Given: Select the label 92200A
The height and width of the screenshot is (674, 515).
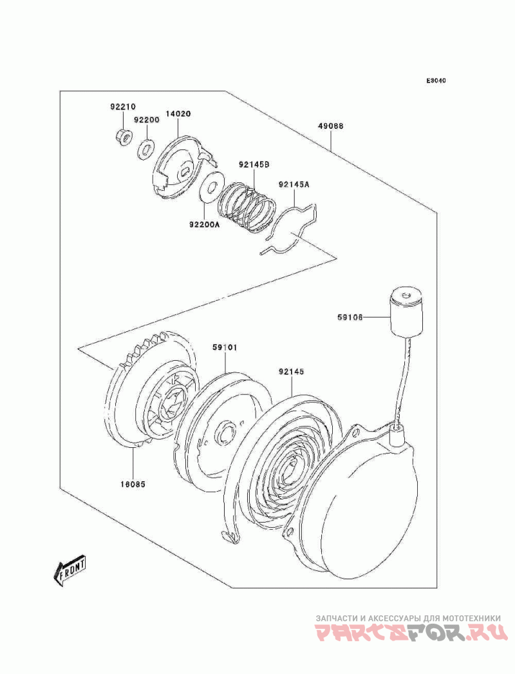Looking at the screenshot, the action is [203, 224].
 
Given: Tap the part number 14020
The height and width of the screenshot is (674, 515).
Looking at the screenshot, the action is [179, 114].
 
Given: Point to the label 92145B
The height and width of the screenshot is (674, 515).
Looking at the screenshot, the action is [254, 164].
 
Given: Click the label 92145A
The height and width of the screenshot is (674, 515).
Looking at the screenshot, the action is [294, 184].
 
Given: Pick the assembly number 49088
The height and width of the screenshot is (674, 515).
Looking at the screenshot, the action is [331, 126].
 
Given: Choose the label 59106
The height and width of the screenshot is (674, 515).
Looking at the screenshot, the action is [350, 318].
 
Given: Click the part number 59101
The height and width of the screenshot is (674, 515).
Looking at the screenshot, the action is [224, 347].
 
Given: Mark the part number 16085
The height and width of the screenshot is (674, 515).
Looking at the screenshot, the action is [133, 484].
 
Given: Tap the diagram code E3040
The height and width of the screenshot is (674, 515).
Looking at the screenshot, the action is [436, 81].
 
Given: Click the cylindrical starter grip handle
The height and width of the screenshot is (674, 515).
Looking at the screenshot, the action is [406, 311].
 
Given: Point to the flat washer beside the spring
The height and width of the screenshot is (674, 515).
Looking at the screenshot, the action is [212, 186].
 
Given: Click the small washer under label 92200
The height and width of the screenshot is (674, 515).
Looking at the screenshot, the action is [146, 149].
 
